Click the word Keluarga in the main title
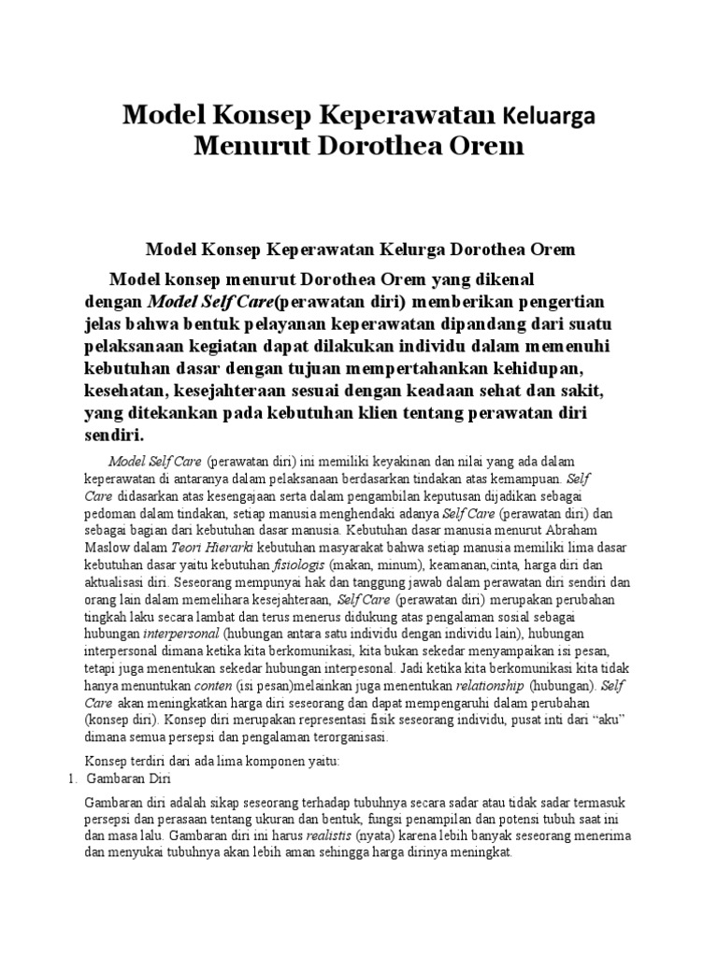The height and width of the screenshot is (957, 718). pyautogui.click(x=548, y=116)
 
